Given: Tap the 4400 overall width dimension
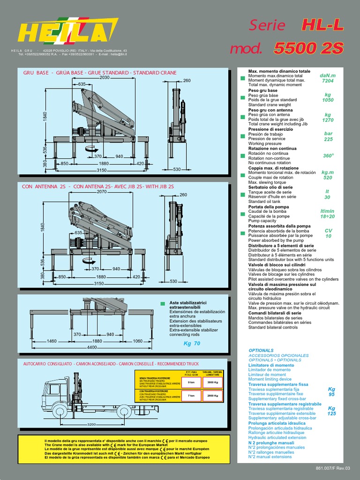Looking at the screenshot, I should [92, 347].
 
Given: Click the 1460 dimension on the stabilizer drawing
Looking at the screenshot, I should [52, 341].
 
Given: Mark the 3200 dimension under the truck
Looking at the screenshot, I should [92, 425].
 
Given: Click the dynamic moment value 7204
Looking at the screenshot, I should [328, 81].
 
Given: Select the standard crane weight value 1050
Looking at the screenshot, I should [328, 100].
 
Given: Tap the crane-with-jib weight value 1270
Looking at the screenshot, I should [328, 120].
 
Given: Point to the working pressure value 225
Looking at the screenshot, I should [328, 139].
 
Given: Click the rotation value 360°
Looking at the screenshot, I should [328, 156].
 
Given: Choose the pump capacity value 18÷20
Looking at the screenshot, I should [328, 217].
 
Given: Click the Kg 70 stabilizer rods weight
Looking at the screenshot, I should [192, 343].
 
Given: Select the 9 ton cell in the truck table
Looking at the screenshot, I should [191, 382].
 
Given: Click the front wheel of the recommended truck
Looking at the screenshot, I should [60, 412].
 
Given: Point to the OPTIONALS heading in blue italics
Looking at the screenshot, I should [261, 350].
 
